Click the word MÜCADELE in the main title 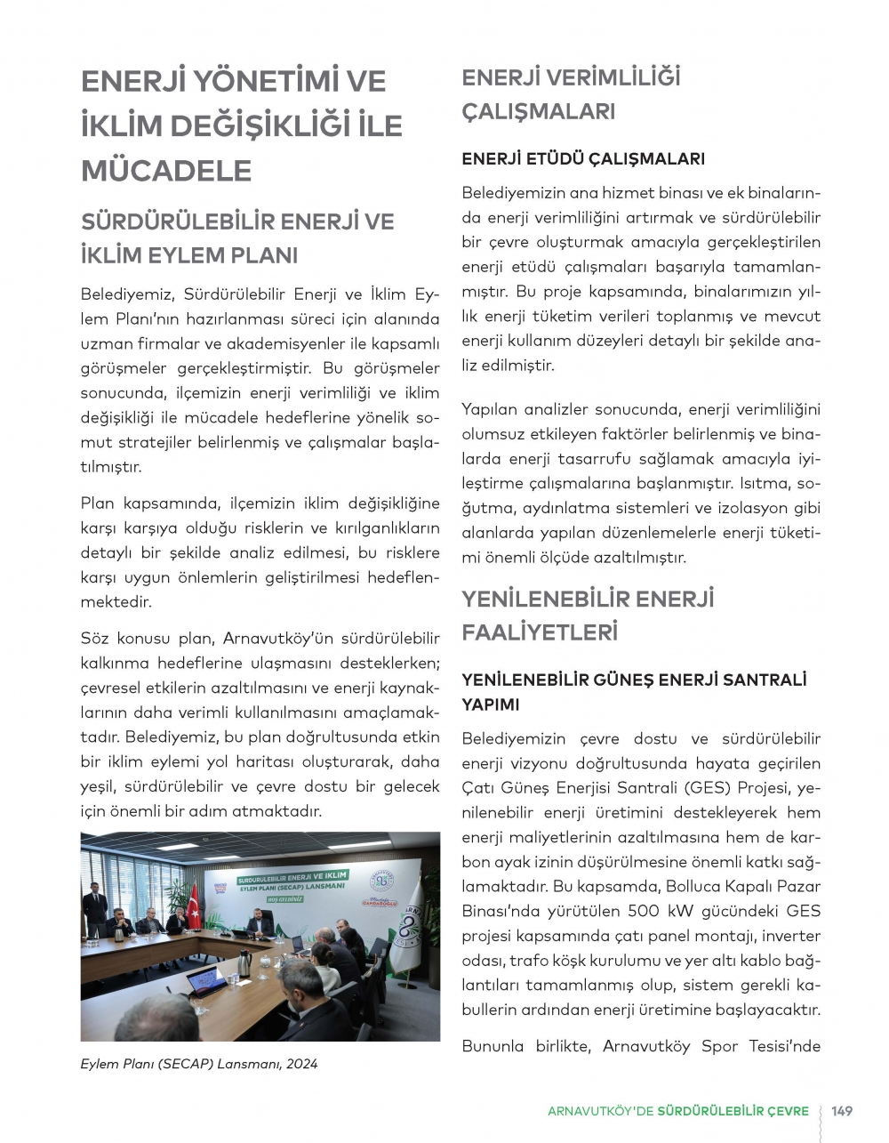(x=166, y=170)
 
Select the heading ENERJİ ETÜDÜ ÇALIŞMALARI (x=583, y=159)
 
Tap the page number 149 (x=842, y=1111)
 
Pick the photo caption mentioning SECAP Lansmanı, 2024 (x=198, y=1064)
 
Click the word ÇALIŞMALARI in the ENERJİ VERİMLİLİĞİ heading (x=539, y=113)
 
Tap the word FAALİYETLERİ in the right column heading (x=540, y=632)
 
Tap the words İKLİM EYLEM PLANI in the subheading (x=188, y=255)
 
